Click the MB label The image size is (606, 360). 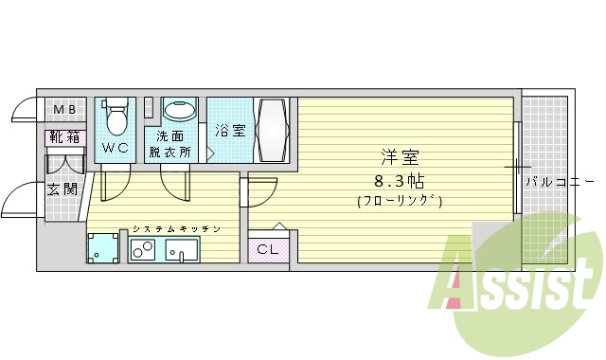coord(63,109)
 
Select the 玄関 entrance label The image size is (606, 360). coord(62,188)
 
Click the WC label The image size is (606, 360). coord(116,147)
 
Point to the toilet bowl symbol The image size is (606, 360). coord(116,118)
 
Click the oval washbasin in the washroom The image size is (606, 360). coord(179,111)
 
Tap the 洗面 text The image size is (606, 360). coord(170,135)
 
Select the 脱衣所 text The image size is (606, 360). coord(170,151)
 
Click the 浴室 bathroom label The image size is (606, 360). coord(229,130)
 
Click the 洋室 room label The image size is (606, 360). coord(400,157)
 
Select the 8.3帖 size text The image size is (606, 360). coord(400,179)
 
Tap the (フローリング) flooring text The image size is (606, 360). coord(400,201)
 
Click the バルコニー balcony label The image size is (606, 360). coord(560,180)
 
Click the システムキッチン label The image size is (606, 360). coord(176,229)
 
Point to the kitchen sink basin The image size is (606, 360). coord(181,250)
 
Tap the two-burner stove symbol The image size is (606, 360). coord(144,251)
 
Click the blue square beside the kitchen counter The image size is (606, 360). coord(102,248)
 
